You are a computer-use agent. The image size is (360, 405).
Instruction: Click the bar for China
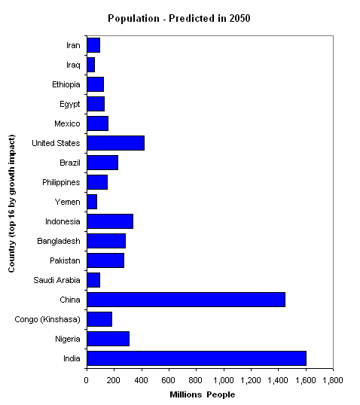point(186,300)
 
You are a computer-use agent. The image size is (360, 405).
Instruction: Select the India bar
point(197,358)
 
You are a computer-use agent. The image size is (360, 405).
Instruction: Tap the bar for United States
point(116,143)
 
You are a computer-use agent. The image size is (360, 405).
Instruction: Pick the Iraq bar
point(91,65)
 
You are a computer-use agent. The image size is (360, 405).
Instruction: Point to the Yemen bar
point(92,202)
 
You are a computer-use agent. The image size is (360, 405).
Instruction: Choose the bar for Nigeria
point(108,339)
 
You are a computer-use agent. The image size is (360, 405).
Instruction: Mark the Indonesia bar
point(110,221)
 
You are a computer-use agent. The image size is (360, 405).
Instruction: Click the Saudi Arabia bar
point(93,280)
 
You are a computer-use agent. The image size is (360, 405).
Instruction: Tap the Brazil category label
point(70,163)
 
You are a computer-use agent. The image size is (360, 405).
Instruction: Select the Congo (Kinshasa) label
point(47,319)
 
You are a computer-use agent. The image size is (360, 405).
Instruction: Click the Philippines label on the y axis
point(61,183)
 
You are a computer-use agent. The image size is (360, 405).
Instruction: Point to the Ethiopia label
point(66,85)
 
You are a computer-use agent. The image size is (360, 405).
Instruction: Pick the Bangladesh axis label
point(59,241)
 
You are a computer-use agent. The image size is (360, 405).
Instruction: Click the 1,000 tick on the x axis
point(224,380)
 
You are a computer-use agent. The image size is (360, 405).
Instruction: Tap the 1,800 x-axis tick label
point(333,380)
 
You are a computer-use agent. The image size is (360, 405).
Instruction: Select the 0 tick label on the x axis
point(87,380)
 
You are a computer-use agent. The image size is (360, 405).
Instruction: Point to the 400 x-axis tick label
point(141,380)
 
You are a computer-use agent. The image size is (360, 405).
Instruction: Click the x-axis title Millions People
point(203,394)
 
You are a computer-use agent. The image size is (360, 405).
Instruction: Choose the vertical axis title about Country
point(11,203)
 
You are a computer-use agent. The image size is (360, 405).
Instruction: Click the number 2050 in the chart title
point(239,18)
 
